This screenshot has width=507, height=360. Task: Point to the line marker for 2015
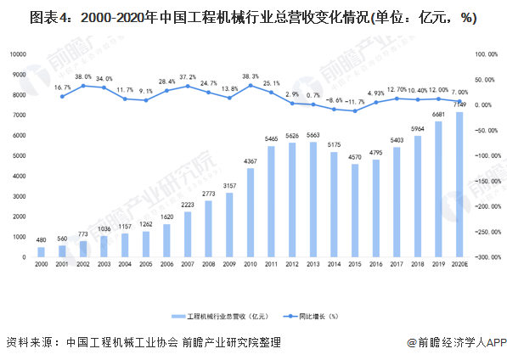click(x=355, y=111)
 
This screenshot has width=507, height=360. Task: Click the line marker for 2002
click(x=83, y=86)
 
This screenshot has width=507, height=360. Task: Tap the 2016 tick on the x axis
click(x=375, y=265)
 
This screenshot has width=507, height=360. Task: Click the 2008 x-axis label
click(x=209, y=265)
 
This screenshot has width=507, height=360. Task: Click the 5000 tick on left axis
click(x=20, y=155)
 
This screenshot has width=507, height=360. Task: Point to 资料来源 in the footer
click(x=29, y=342)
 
